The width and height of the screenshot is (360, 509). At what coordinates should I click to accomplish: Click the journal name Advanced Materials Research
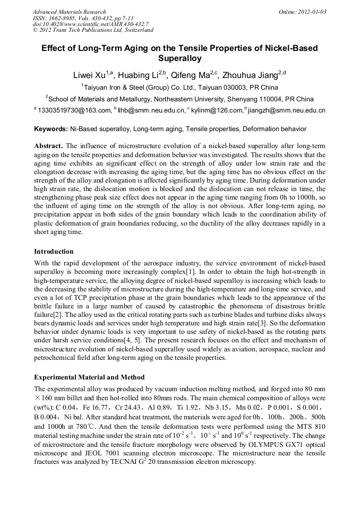pos(69,12)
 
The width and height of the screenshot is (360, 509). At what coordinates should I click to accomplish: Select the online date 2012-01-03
pos(312,12)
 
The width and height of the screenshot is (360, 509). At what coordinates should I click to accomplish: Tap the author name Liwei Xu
pos(88,75)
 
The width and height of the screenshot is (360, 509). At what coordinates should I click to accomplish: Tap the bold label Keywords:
pos(51,129)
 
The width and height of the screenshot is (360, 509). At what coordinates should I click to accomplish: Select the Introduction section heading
pos(54,251)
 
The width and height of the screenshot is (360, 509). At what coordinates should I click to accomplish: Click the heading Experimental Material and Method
pos(89,377)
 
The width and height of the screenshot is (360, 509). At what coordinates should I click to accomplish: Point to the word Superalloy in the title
pos(179,58)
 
